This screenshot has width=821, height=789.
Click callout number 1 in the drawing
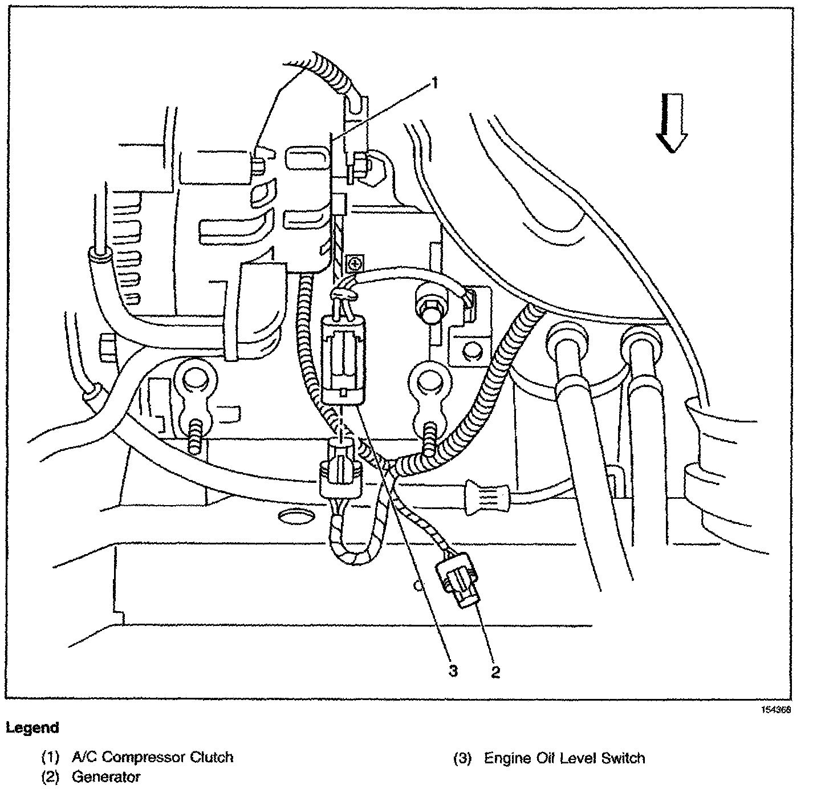click(434, 84)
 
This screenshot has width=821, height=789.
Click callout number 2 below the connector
click(495, 672)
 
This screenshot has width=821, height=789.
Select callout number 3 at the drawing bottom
click(453, 672)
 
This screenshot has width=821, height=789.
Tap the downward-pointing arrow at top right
click(672, 123)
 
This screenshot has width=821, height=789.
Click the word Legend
click(32, 727)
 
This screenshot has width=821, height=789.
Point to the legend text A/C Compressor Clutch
click(152, 758)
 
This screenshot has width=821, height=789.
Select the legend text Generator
click(106, 776)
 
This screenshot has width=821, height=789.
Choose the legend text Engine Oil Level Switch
click(564, 758)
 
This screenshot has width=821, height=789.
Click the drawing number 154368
click(777, 710)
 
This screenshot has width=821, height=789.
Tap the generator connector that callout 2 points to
click(458, 583)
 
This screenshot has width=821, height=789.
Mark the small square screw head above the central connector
click(355, 263)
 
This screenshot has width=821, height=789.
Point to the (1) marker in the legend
click(50, 758)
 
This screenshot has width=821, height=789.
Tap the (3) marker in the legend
click(462, 758)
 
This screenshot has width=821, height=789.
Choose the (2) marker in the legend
click(50, 776)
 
